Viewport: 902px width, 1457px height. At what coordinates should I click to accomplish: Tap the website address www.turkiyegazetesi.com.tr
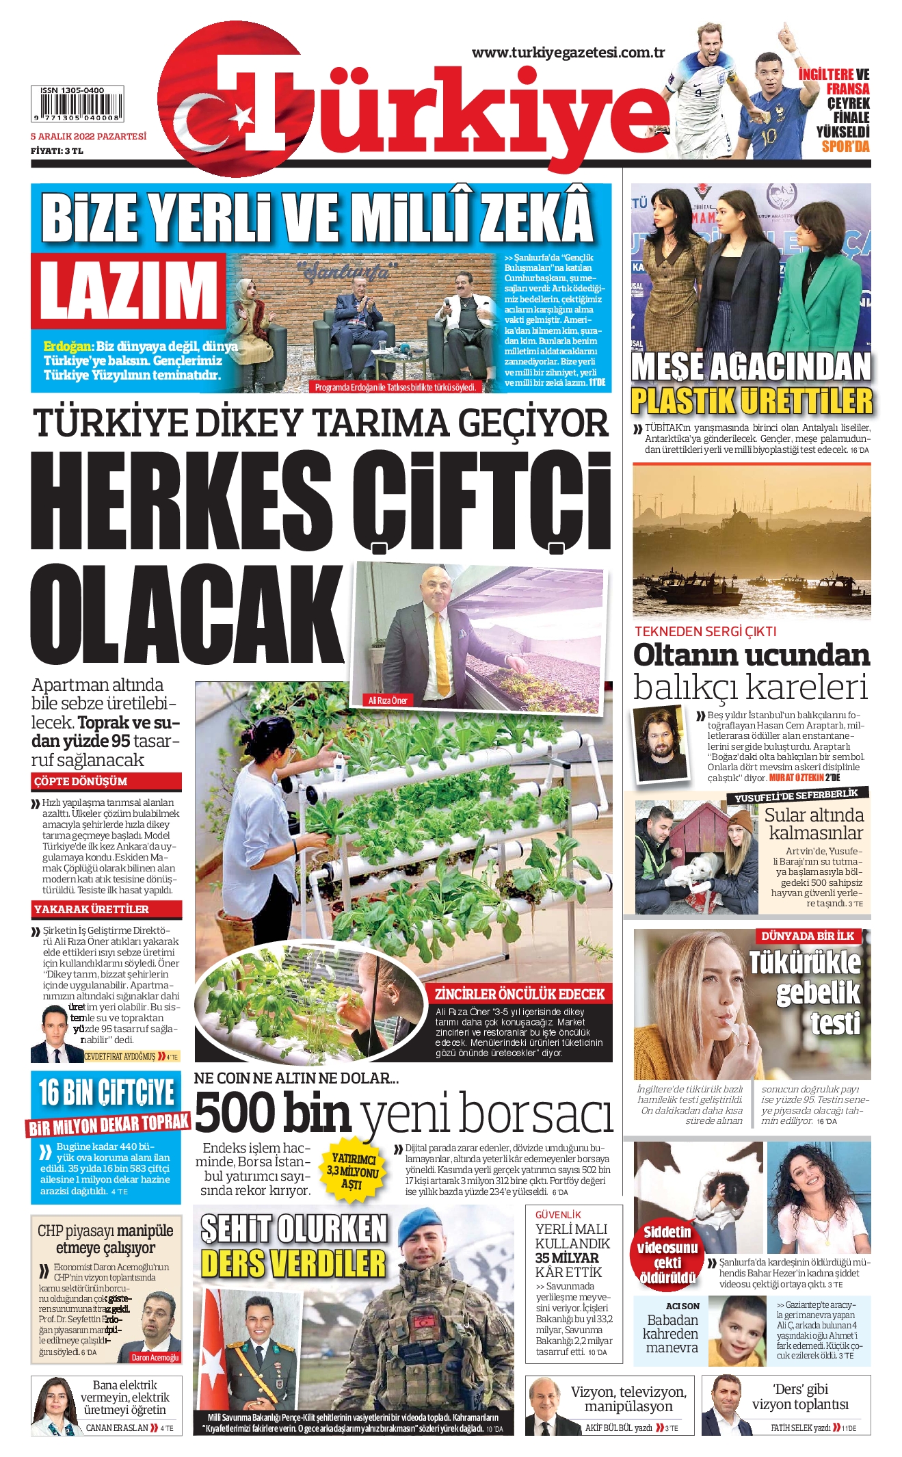(568, 53)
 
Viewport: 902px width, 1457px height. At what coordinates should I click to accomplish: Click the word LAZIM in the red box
(128, 290)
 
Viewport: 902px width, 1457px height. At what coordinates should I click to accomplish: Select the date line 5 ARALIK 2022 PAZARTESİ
(88, 136)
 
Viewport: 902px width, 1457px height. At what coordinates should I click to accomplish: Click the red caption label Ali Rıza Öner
(388, 700)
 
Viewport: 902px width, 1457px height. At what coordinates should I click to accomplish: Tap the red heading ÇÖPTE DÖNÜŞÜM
(81, 781)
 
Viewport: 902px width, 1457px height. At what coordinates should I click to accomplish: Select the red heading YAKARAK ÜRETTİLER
(92, 909)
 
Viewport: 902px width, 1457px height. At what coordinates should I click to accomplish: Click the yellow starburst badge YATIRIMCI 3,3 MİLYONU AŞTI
(353, 1171)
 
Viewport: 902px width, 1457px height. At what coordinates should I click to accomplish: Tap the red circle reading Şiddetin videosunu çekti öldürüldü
(667, 1253)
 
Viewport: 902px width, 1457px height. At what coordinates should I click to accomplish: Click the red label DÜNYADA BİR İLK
(807, 936)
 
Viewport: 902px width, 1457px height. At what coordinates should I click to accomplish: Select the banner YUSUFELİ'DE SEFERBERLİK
(796, 795)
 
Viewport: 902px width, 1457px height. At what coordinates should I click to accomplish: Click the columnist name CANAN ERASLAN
(117, 1428)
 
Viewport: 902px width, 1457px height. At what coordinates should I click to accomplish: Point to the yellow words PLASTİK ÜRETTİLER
(751, 401)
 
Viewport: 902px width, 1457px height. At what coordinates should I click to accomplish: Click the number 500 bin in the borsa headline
(273, 1113)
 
